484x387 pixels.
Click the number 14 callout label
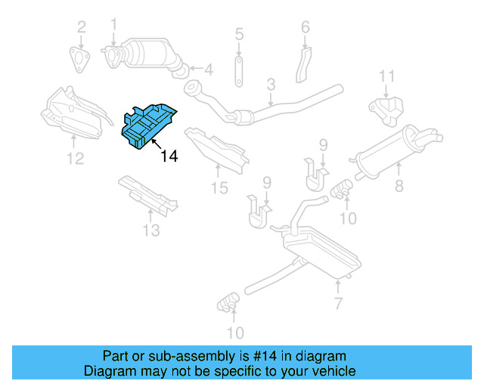(169, 156)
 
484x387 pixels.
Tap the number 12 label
(75, 158)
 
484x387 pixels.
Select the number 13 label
(150, 230)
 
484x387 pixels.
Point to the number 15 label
(219, 187)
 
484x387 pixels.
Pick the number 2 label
(81, 29)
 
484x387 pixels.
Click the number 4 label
(208, 70)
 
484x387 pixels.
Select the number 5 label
(239, 33)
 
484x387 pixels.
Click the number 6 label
(306, 27)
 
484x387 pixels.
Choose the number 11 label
(386, 76)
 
